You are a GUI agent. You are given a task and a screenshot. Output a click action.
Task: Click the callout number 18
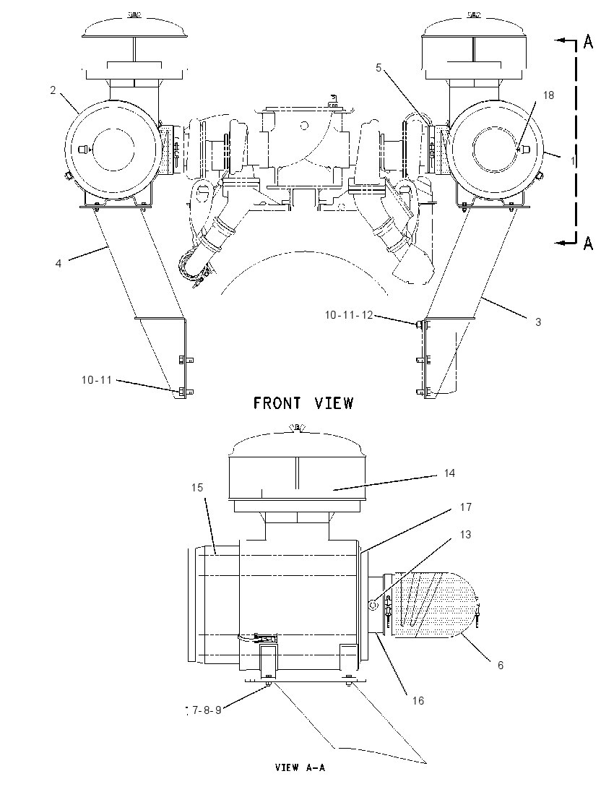[x=548, y=95]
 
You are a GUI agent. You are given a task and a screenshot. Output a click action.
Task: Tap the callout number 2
[x=53, y=90]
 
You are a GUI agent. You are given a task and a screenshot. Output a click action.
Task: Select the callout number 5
[x=379, y=68]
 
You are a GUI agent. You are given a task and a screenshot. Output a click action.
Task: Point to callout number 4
[x=59, y=263]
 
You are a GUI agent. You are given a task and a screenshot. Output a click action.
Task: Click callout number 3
[x=538, y=322]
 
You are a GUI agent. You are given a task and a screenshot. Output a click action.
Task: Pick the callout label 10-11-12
[x=349, y=315]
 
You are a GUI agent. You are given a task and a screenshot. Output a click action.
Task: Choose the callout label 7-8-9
[x=207, y=710]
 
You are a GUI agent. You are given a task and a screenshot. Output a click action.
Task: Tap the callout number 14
[x=449, y=473]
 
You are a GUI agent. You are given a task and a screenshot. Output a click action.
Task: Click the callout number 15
[x=197, y=488]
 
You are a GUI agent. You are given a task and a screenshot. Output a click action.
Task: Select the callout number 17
[x=465, y=507]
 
